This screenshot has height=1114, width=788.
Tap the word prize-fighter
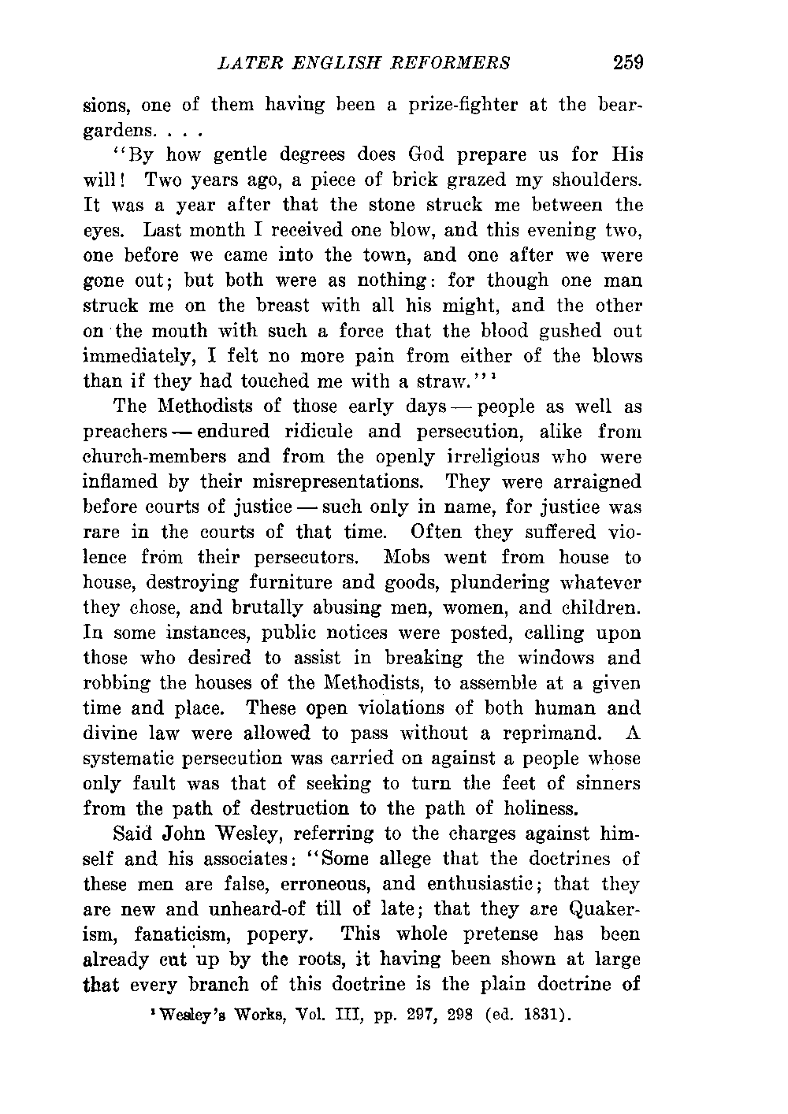pos(458,105)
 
